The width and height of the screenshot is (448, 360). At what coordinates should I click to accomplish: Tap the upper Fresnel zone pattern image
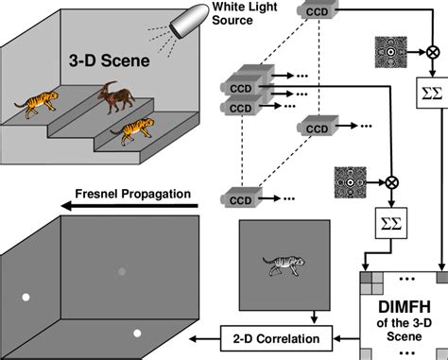[389, 49]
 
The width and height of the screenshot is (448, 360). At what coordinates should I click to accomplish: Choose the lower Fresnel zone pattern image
[351, 178]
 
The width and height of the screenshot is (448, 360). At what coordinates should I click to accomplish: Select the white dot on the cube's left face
[26, 299]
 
